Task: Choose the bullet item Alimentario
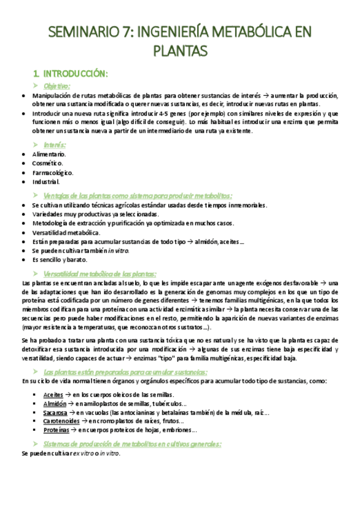tap(49, 154)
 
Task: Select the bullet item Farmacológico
tap(52, 173)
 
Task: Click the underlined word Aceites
tap(53, 394)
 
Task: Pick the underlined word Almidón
tap(55, 403)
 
